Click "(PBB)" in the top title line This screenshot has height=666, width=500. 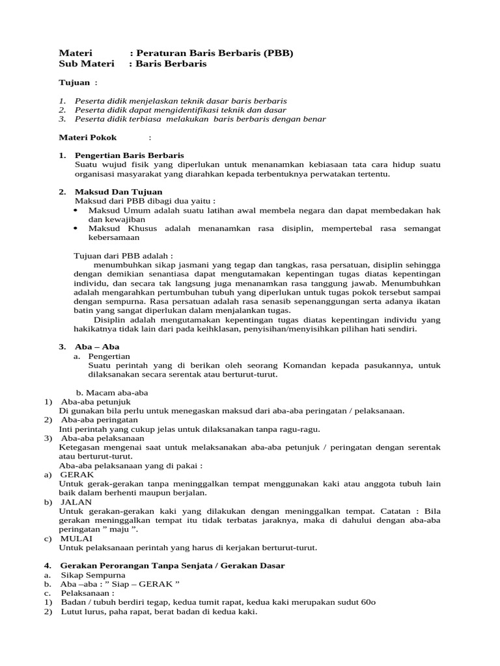279,53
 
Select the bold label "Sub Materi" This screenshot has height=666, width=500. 86,64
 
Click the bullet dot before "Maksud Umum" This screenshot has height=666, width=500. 76,211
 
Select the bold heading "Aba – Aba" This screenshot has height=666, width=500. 97,347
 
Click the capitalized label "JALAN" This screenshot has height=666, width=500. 76,501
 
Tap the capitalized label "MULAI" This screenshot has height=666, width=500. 76,539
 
